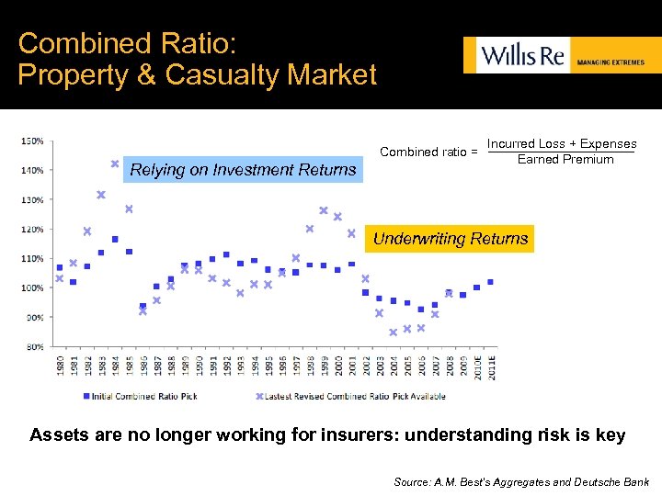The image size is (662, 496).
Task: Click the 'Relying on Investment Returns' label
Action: click(x=243, y=169)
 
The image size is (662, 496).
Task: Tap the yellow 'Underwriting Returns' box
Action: click(x=450, y=239)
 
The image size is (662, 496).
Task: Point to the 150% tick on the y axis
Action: click(x=31, y=141)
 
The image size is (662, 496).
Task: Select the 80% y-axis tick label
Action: click(x=33, y=346)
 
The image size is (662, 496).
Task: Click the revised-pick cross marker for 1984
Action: click(x=115, y=163)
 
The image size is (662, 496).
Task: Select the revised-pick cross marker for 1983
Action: click(x=101, y=195)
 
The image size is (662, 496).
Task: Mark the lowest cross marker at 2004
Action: click(x=393, y=333)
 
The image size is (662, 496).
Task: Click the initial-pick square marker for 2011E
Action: click(x=490, y=282)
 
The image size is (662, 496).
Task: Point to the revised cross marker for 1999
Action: click(x=324, y=210)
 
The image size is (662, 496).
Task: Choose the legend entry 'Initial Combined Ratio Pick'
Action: click(x=140, y=396)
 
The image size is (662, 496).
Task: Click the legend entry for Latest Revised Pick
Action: click(x=351, y=396)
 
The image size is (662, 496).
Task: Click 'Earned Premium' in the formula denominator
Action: click(x=565, y=160)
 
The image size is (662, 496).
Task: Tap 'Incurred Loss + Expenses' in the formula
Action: click(x=561, y=144)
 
